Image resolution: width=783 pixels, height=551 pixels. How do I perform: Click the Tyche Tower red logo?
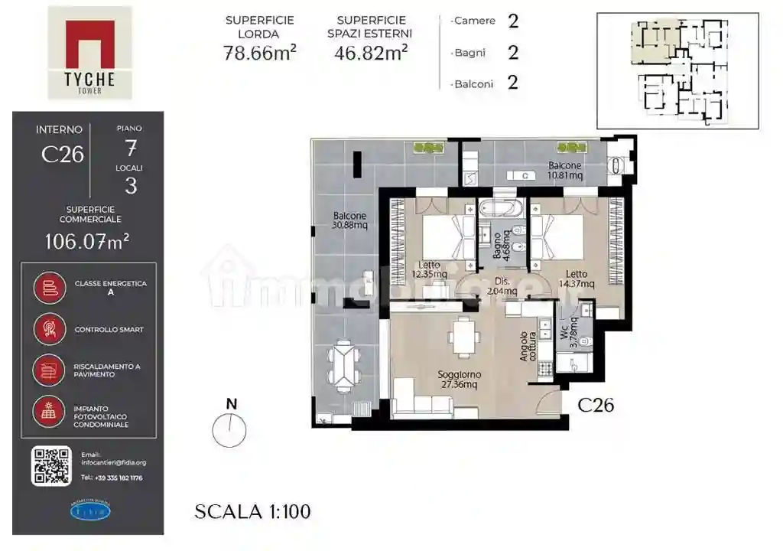click(89, 44)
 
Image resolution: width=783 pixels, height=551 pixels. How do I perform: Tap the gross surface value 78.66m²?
click(259, 53)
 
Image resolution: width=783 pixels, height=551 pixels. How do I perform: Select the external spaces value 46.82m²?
click(371, 53)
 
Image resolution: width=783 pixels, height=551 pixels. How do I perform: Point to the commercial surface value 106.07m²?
click(86, 242)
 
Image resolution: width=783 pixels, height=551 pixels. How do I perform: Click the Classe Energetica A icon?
click(49, 288)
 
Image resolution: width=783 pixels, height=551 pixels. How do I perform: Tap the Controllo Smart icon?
click(49, 329)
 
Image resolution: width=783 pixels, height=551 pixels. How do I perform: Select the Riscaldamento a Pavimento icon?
click(49, 370)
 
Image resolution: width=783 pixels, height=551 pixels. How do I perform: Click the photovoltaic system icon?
click(49, 412)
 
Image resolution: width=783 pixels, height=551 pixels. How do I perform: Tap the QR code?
click(51, 465)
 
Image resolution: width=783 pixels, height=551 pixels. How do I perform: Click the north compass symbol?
click(230, 431)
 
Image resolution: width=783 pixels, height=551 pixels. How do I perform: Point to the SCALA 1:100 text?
click(252, 511)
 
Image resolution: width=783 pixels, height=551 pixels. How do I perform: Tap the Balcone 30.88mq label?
click(349, 221)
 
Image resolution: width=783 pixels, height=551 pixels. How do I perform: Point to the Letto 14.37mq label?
click(577, 279)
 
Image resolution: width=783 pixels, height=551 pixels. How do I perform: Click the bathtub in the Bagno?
click(499, 207)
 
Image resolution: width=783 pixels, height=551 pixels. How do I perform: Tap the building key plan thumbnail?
click(677, 70)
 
